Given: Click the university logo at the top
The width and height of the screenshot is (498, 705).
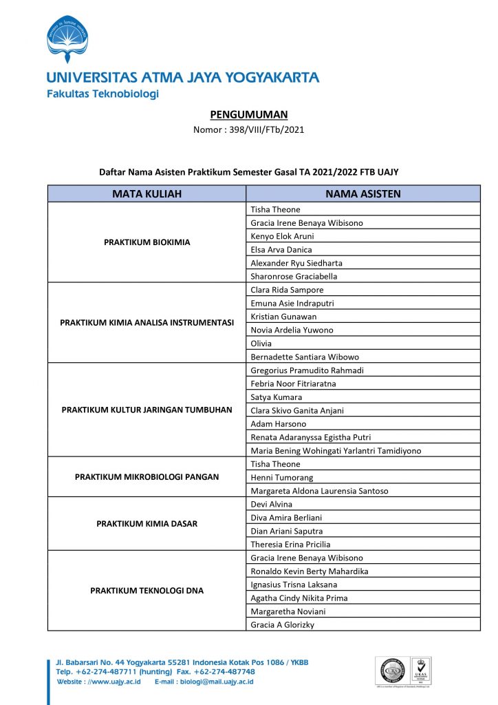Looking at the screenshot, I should point(67,39).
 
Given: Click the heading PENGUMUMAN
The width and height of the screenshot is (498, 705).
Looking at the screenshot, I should point(248,114).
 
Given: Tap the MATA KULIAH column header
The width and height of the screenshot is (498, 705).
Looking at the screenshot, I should point(147,194).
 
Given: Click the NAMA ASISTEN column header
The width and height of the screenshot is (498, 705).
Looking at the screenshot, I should point(362,194).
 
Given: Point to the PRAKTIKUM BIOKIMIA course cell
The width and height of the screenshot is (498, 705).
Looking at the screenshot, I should point(147,242).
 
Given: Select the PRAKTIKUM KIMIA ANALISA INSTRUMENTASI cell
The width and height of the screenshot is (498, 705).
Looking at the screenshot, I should point(147,322).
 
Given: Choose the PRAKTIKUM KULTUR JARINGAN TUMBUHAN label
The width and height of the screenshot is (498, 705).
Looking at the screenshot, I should point(147,410).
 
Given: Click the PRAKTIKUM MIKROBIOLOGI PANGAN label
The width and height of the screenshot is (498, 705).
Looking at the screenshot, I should point(147,477).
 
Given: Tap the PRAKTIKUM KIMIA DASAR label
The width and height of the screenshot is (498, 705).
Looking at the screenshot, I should point(147,524).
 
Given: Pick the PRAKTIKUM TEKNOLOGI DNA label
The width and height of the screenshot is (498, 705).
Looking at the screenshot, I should point(147,591).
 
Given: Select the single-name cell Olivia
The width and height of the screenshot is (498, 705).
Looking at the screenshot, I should point(261,343).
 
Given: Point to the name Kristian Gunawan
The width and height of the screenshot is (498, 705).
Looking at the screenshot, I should point(283,316).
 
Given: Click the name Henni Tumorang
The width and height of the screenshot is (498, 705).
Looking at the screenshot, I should point(281,477).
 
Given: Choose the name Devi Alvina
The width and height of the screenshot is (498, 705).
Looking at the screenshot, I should point(271,504).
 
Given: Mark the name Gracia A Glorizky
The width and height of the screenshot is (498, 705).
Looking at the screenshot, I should point(283,624).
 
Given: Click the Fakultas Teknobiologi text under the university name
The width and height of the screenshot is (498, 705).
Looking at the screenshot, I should point(102,94).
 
